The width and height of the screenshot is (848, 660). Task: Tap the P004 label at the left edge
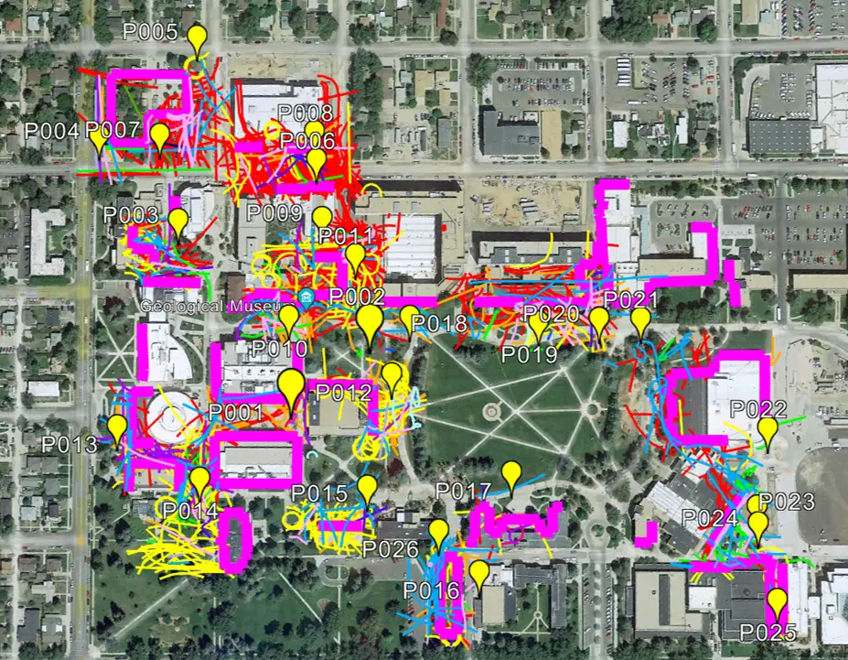pyautogui.click(x=50, y=130)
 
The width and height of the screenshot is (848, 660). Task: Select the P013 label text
pyautogui.click(x=69, y=446)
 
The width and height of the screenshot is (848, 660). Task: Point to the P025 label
pyautogui.click(x=767, y=632)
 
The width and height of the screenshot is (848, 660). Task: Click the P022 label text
pyautogui.click(x=759, y=408)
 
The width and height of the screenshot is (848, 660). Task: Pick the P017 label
pyautogui.click(x=463, y=492)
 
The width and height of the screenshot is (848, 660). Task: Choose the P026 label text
pyautogui.click(x=390, y=549)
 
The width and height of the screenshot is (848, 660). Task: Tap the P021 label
pyautogui.click(x=631, y=300)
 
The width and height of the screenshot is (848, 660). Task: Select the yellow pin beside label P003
pyautogui.click(x=177, y=221)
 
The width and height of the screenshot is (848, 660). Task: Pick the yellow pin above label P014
pyautogui.click(x=199, y=479)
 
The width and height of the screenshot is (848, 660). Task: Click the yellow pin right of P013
pyautogui.click(x=117, y=427)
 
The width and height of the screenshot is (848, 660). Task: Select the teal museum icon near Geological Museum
pyautogui.click(x=306, y=298)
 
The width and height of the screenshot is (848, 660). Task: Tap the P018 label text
pyautogui.click(x=439, y=323)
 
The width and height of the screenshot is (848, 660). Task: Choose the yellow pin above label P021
pyautogui.click(x=640, y=320)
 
